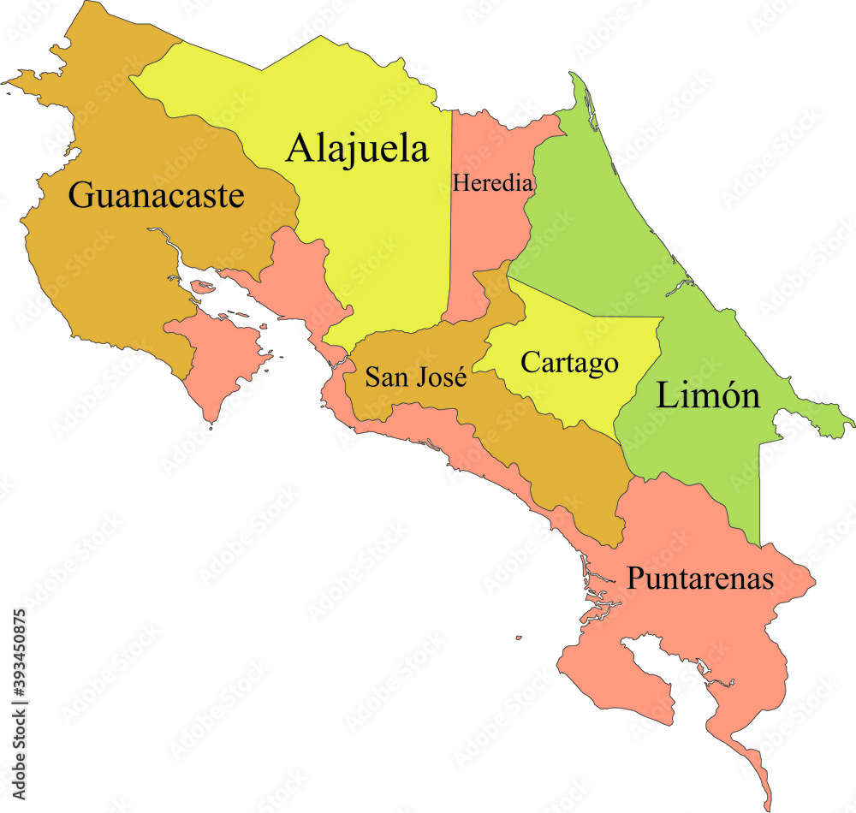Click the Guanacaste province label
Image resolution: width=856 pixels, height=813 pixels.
coord(157,196)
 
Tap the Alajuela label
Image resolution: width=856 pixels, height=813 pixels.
coord(357,148)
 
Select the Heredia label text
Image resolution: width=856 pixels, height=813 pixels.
coord(493,182)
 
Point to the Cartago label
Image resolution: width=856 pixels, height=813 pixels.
coord(569,362)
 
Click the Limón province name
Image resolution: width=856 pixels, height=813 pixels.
coord(708,395)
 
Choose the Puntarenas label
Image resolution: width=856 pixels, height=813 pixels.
coord(700,579)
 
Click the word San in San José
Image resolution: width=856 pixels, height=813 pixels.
coord(384,377)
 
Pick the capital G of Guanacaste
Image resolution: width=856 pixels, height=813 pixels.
coord(81,196)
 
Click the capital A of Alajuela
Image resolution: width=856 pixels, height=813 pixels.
coord(300,148)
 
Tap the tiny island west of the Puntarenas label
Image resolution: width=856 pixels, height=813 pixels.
coord(519,638)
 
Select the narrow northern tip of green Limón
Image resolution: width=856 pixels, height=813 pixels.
coord(580,90)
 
